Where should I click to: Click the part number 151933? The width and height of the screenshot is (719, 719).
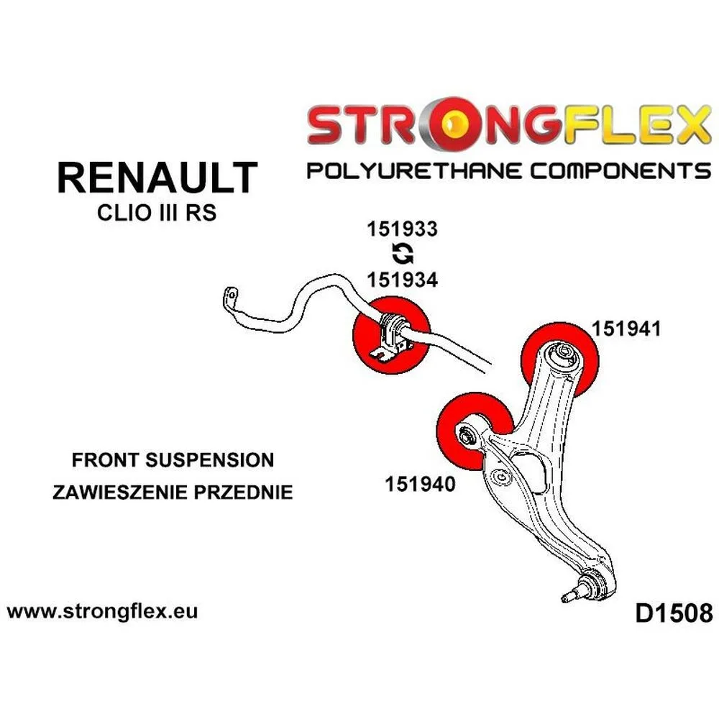pyautogui.click(x=402, y=229)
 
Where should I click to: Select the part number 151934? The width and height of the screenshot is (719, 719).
pyautogui.click(x=402, y=280)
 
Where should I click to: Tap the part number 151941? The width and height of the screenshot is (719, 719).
pyautogui.click(x=626, y=329)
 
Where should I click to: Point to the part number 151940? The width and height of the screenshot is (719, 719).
pyautogui.click(x=420, y=485)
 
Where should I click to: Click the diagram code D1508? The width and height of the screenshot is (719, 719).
pyautogui.click(x=674, y=613)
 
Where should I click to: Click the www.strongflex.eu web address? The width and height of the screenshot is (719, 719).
pyautogui.click(x=102, y=612)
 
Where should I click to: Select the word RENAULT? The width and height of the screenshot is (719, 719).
pyautogui.click(x=157, y=177)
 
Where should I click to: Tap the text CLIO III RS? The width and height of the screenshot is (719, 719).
pyautogui.click(x=157, y=214)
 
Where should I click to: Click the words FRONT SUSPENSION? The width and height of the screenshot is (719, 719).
pyautogui.click(x=173, y=460)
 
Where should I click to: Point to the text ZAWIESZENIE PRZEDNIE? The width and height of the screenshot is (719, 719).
pyautogui.click(x=173, y=493)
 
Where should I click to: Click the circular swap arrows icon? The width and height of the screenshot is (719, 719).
pyautogui.click(x=402, y=254)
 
